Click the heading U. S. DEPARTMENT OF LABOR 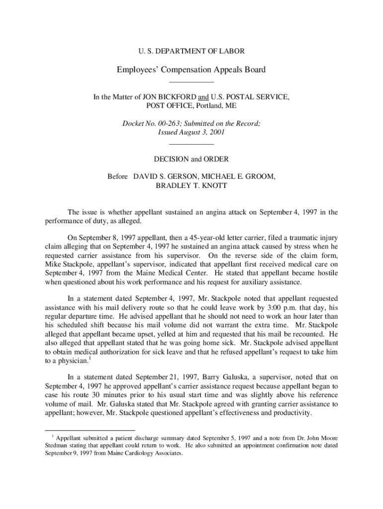[191, 51]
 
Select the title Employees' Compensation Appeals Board [191, 70]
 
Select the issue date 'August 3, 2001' [202, 133]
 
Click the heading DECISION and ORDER [191, 159]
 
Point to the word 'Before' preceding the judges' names [118, 177]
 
